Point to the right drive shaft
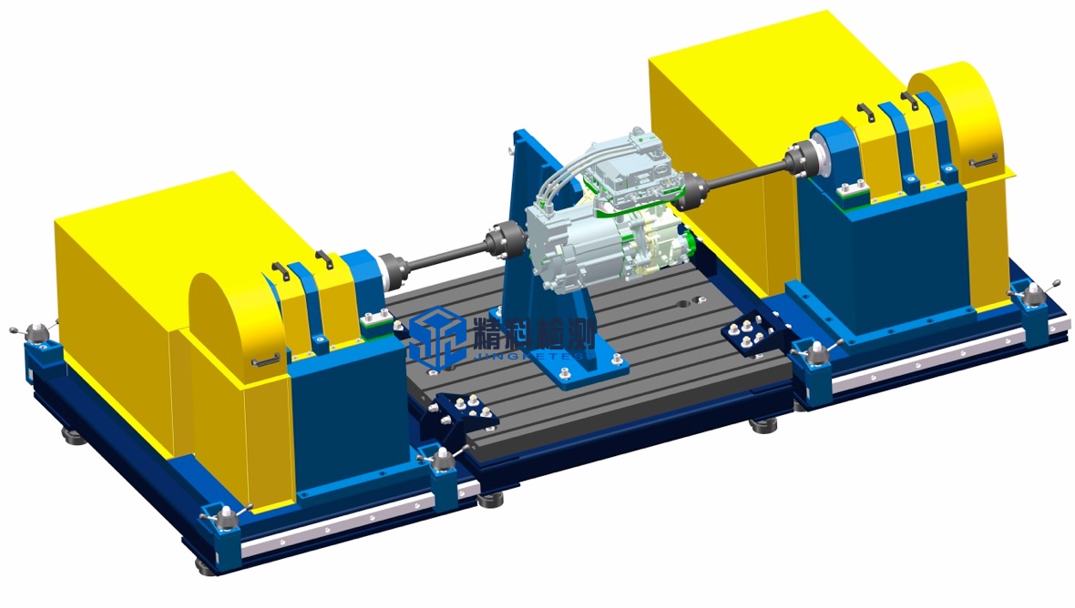746,175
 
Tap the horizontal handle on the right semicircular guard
982,162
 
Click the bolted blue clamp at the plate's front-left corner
465,410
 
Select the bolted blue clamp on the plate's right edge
752,333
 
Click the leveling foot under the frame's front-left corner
206,565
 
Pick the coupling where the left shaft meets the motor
501,240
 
